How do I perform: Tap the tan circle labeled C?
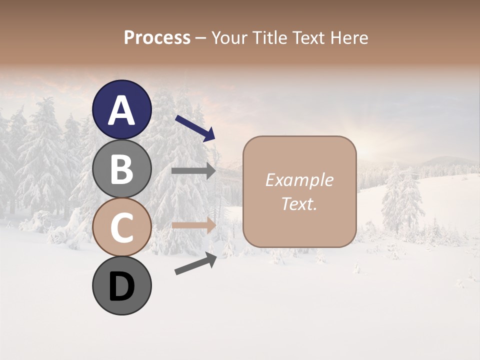[121, 227]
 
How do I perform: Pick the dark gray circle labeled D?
[121, 286]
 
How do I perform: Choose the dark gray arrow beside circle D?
[195, 263]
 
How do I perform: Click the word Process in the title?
[157, 37]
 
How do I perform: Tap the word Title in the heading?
[272, 37]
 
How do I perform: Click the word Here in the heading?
[349, 37]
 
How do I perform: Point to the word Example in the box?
[299, 180]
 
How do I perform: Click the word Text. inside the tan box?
[299, 203]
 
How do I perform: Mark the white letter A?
[121, 110]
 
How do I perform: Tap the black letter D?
[121, 287]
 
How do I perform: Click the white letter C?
[121, 227]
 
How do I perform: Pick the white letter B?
[121, 168]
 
